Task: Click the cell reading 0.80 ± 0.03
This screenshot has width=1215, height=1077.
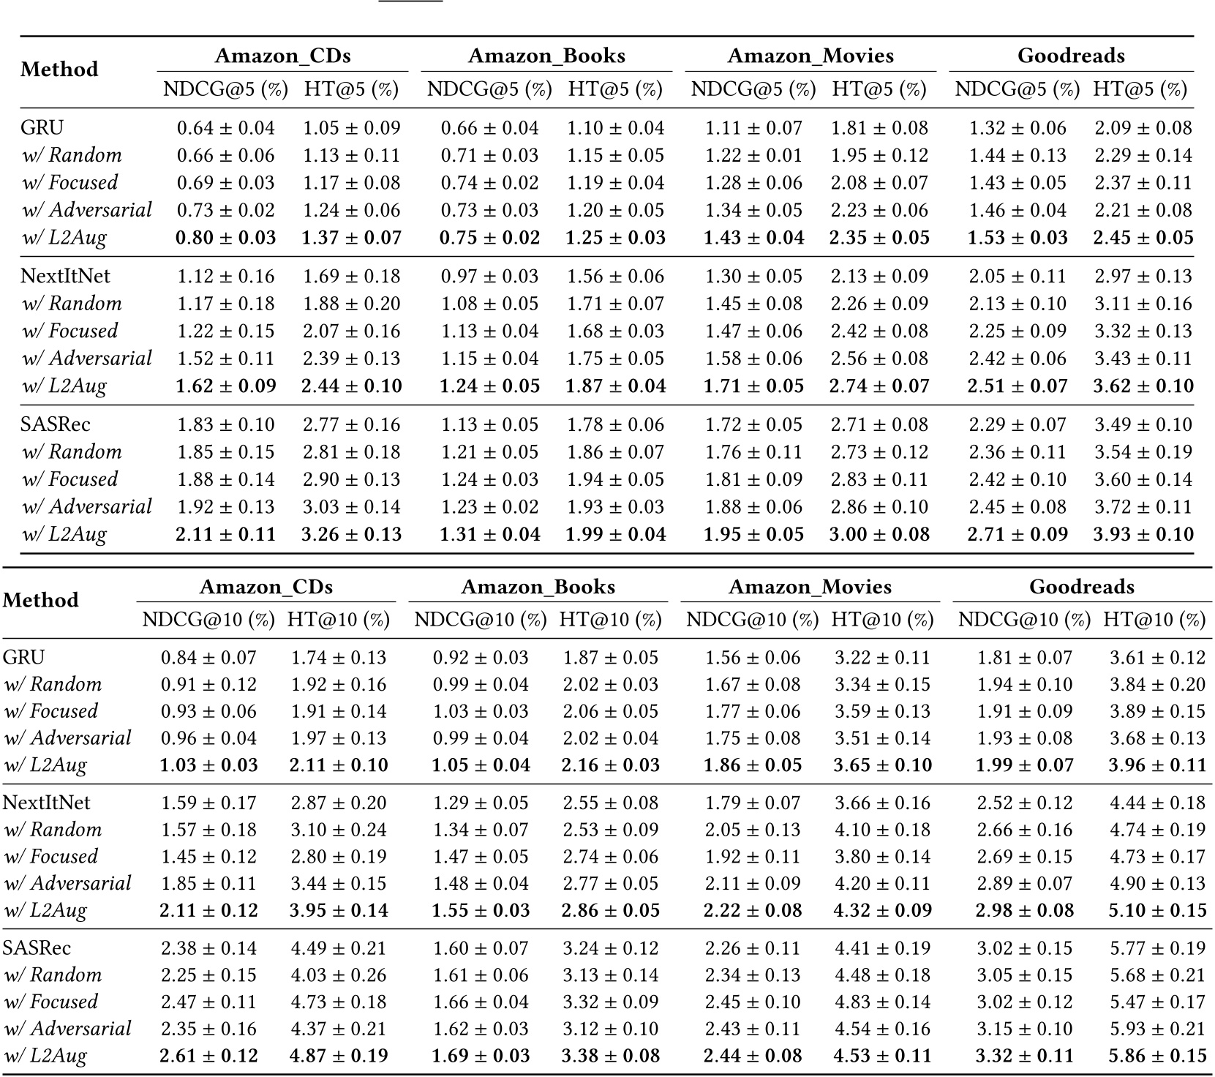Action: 226,238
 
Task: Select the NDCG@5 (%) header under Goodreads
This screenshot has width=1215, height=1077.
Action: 1017,89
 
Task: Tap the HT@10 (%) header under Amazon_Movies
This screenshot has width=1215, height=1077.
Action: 883,620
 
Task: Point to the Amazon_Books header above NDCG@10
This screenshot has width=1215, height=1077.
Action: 538,587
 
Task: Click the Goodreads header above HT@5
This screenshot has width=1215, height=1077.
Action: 1071,56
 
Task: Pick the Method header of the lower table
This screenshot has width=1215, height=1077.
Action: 41,600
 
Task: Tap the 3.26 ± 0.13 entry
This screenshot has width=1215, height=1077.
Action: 352,534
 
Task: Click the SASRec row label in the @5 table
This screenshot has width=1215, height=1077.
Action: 56,424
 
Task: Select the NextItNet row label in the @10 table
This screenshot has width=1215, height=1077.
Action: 47,803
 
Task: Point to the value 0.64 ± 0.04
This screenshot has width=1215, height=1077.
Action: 226,128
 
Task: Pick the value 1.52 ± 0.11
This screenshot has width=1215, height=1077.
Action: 226,359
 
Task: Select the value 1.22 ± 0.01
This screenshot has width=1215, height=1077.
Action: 753,155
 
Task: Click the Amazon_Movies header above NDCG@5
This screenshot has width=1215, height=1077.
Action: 810,56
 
